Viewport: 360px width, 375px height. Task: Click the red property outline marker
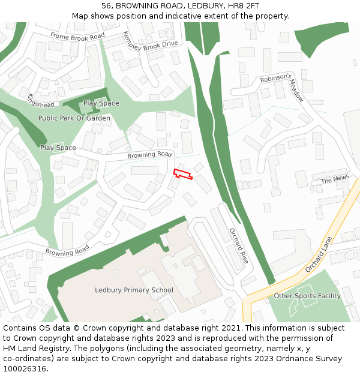tap(182, 174)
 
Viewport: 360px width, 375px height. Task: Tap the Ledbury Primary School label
tap(134, 290)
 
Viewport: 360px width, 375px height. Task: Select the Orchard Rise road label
tap(239, 247)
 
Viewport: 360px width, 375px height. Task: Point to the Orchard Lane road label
tap(318, 254)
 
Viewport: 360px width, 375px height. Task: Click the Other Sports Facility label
tap(307, 296)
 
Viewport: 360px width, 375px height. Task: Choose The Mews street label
tap(334, 180)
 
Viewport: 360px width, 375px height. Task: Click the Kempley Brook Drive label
tap(150, 40)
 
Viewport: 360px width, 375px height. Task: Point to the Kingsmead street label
tap(41, 101)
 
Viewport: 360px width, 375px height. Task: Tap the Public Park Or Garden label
tap(74, 118)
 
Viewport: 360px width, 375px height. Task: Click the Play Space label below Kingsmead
tap(101, 103)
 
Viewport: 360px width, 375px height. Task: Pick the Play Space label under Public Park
tap(58, 148)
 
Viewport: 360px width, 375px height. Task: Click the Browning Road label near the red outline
tap(149, 155)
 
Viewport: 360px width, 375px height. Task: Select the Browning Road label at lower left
tap(67, 250)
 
